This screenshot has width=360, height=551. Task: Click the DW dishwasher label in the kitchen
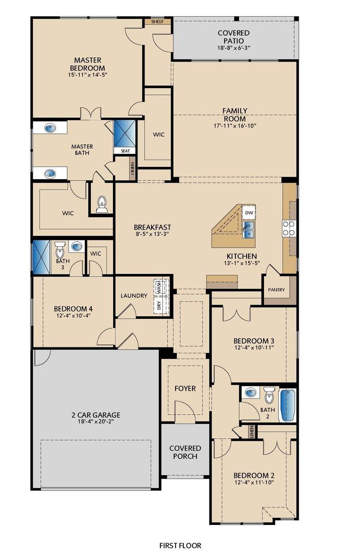[x=249, y=213]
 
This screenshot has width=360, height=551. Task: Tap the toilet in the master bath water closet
[x=102, y=204]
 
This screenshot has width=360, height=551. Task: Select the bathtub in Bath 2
[x=287, y=405]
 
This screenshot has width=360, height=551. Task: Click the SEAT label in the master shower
[x=125, y=151]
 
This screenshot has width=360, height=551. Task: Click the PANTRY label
[x=276, y=290]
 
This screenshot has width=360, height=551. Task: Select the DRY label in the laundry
[x=158, y=306]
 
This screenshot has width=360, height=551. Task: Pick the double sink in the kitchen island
[x=249, y=230]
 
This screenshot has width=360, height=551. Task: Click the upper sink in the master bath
[x=50, y=128]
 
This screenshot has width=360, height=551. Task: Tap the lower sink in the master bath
[x=50, y=173]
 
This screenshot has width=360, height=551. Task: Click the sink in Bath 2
[x=250, y=393]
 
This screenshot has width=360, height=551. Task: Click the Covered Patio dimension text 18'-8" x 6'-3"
[x=233, y=48]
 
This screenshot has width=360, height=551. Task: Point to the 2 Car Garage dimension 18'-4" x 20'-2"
[x=96, y=422]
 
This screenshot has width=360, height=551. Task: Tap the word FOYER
[x=185, y=388]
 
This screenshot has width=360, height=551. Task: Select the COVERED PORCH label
[x=185, y=452]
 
